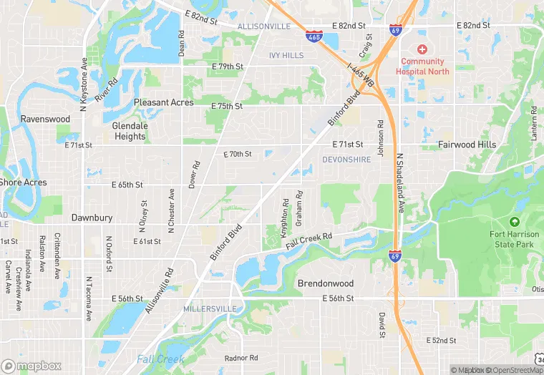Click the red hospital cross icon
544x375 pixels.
(422, 49)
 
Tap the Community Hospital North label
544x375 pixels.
(422, 67)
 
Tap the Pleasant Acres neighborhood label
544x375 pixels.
(163, 102)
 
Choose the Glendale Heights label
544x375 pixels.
(130, 131)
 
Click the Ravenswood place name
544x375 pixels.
(45, 119)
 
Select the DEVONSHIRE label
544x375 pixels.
(346, 160)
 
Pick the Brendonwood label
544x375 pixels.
(326, 283)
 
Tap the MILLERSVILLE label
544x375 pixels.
(210, 308)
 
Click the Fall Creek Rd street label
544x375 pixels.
(309, 241)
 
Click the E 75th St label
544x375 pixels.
(227, 106)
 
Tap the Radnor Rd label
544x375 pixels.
(241, 358)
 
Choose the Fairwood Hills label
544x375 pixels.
(467, 145)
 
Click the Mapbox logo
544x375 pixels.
(31, 366)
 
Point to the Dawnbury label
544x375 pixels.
(92, 217)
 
